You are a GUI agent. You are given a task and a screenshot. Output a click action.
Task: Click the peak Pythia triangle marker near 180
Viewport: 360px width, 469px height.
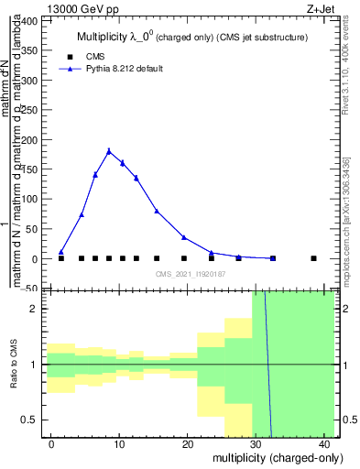pyautogui.click(x=109, y=151)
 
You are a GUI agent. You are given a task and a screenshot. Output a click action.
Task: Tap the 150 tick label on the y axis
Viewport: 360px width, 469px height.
pyautogui.click(x=30, y=169)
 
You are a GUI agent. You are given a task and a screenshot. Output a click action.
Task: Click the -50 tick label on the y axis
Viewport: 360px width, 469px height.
pyautogui.click(x=30, y=289)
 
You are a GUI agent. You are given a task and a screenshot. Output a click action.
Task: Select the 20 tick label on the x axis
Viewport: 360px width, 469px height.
pyautogui.click(x=189, y=443)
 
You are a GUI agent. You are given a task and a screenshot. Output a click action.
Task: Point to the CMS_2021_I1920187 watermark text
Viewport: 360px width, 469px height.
pyautogui.click(x=190, y=274)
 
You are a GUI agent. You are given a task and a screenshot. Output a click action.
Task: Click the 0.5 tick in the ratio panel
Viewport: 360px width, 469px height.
pyautogui.click(x=32, y=420)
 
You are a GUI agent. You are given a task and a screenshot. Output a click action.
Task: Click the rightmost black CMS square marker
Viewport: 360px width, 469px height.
pyautogui.click(x=313, y=258)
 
